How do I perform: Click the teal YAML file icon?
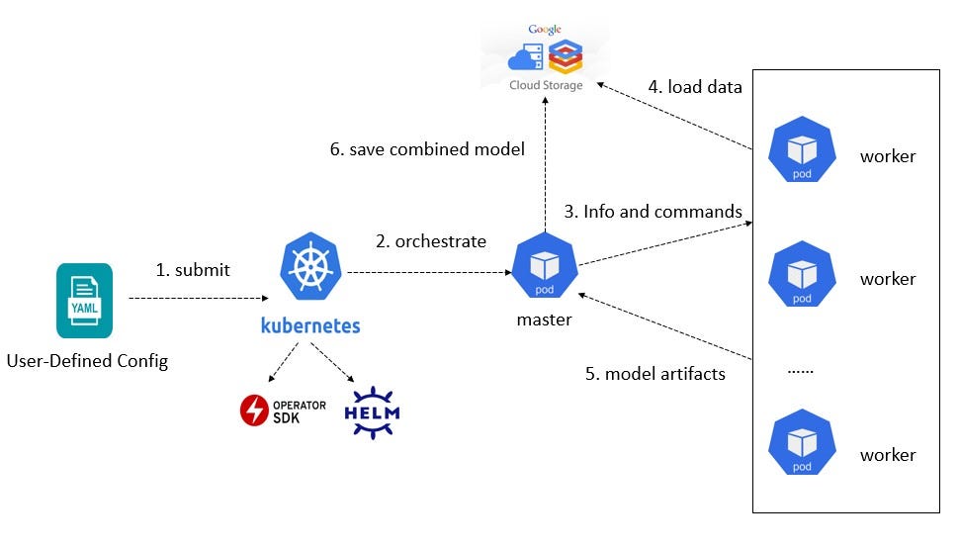[x=84, y=301]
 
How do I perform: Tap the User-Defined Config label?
[x=87, y=361]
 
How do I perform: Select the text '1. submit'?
[x=193, y=270]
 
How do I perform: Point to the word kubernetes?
[x=310, y=325]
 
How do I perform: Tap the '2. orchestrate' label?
[x=431, y=241]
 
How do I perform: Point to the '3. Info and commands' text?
[x=653, y=212]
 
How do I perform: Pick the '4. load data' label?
[x=694, y=87]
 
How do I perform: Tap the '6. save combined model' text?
[x=427, y=149]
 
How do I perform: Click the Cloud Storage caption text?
[x=546, y=85]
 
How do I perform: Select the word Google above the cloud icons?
[x=545, y=30]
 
